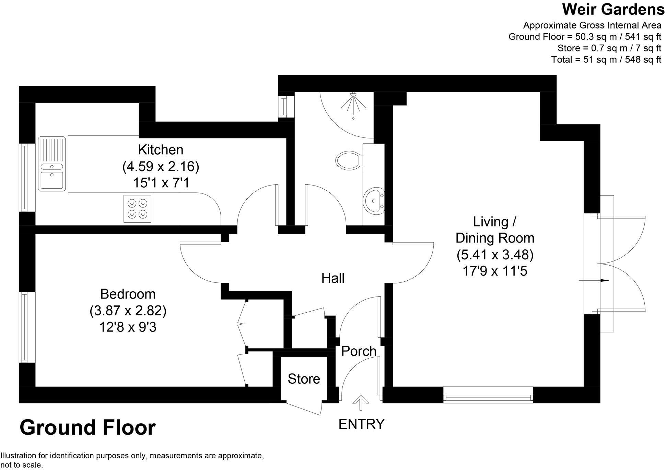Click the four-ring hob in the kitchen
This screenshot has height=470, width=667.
click(137, 209)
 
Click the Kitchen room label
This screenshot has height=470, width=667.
click(161, 150)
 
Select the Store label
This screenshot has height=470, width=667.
click(304, 379)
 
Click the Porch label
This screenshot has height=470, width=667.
click(359, 351)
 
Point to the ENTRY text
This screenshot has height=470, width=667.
click(361, 424)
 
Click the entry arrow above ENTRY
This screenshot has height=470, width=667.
click(360, 403)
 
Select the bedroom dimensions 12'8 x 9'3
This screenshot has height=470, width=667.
click(128, 327)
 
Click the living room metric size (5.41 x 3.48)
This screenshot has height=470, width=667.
click(495, 255)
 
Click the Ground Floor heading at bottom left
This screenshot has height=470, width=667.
click(87, 428)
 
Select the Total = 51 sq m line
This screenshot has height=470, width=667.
click(606, 59)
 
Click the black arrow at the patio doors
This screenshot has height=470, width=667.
click(604, 281)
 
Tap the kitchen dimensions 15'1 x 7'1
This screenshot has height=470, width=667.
click(161, 183)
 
